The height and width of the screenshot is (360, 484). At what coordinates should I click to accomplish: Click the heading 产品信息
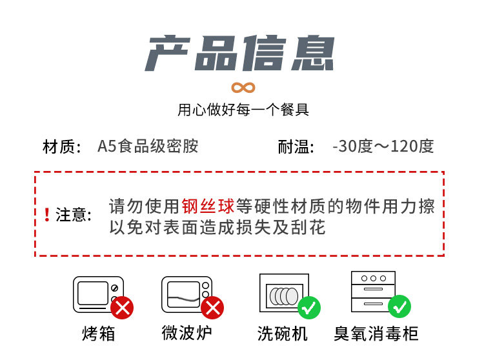[x=240, y=54]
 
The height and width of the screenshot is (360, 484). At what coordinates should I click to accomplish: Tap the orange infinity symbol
[x=243, y=87]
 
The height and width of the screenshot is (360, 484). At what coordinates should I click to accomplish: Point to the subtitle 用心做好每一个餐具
[x=243, y=110]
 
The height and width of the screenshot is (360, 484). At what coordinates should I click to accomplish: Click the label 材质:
[x=62, y=146]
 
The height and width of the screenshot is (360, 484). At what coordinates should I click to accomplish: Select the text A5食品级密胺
[x=148, y=146]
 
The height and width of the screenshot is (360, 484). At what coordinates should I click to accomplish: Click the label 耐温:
[x=296, y=146]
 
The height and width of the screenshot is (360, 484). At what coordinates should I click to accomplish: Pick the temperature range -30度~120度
[x=383, y=146]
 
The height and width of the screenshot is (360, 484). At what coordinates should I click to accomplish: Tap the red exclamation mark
[x=47, y=215]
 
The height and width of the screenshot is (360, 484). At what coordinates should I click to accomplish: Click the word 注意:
[x=74, y=215]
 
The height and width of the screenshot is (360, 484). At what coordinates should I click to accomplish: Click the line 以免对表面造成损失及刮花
[x=217, y=227]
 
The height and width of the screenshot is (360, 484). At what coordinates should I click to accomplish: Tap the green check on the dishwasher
[x=309, y=307]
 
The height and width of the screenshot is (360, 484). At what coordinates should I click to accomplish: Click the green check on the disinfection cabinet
[x=399, y=306]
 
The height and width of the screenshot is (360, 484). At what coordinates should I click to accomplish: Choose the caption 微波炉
[x=187, y=333]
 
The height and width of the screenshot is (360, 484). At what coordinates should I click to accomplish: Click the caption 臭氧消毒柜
[x=376, y=334]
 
